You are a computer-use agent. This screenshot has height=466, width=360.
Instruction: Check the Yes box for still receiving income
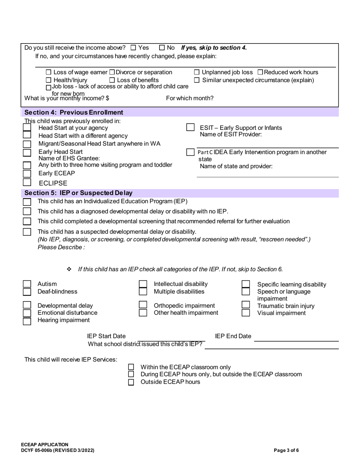133,48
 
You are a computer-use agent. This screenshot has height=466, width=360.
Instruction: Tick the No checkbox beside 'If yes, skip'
162,48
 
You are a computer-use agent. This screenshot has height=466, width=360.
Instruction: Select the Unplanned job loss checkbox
197,72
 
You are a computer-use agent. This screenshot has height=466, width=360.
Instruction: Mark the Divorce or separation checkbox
112,72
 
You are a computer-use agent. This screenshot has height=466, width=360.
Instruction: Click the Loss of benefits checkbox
112,80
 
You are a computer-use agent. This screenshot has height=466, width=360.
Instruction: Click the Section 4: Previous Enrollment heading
74,113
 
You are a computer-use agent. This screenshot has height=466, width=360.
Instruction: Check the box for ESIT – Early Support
191,128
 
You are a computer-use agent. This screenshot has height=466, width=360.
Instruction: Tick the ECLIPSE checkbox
27,182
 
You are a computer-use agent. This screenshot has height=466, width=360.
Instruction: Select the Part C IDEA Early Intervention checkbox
191,152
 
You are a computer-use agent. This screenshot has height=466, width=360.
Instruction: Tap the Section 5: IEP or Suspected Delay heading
78,193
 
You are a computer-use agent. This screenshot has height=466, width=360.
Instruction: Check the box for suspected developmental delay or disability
27,232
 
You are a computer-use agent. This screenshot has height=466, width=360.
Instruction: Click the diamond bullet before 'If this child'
69,269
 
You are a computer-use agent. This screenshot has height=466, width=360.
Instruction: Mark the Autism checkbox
27,284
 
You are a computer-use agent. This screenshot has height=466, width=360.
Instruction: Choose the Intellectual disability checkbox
143,284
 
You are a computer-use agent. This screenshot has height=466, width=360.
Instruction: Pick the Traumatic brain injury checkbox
246,305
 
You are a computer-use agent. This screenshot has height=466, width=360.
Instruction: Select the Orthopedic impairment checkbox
143,305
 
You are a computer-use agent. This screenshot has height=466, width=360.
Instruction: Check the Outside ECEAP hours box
131,382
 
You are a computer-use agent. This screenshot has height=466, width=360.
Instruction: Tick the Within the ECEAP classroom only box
131,367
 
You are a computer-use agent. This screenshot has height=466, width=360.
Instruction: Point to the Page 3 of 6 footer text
286,450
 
